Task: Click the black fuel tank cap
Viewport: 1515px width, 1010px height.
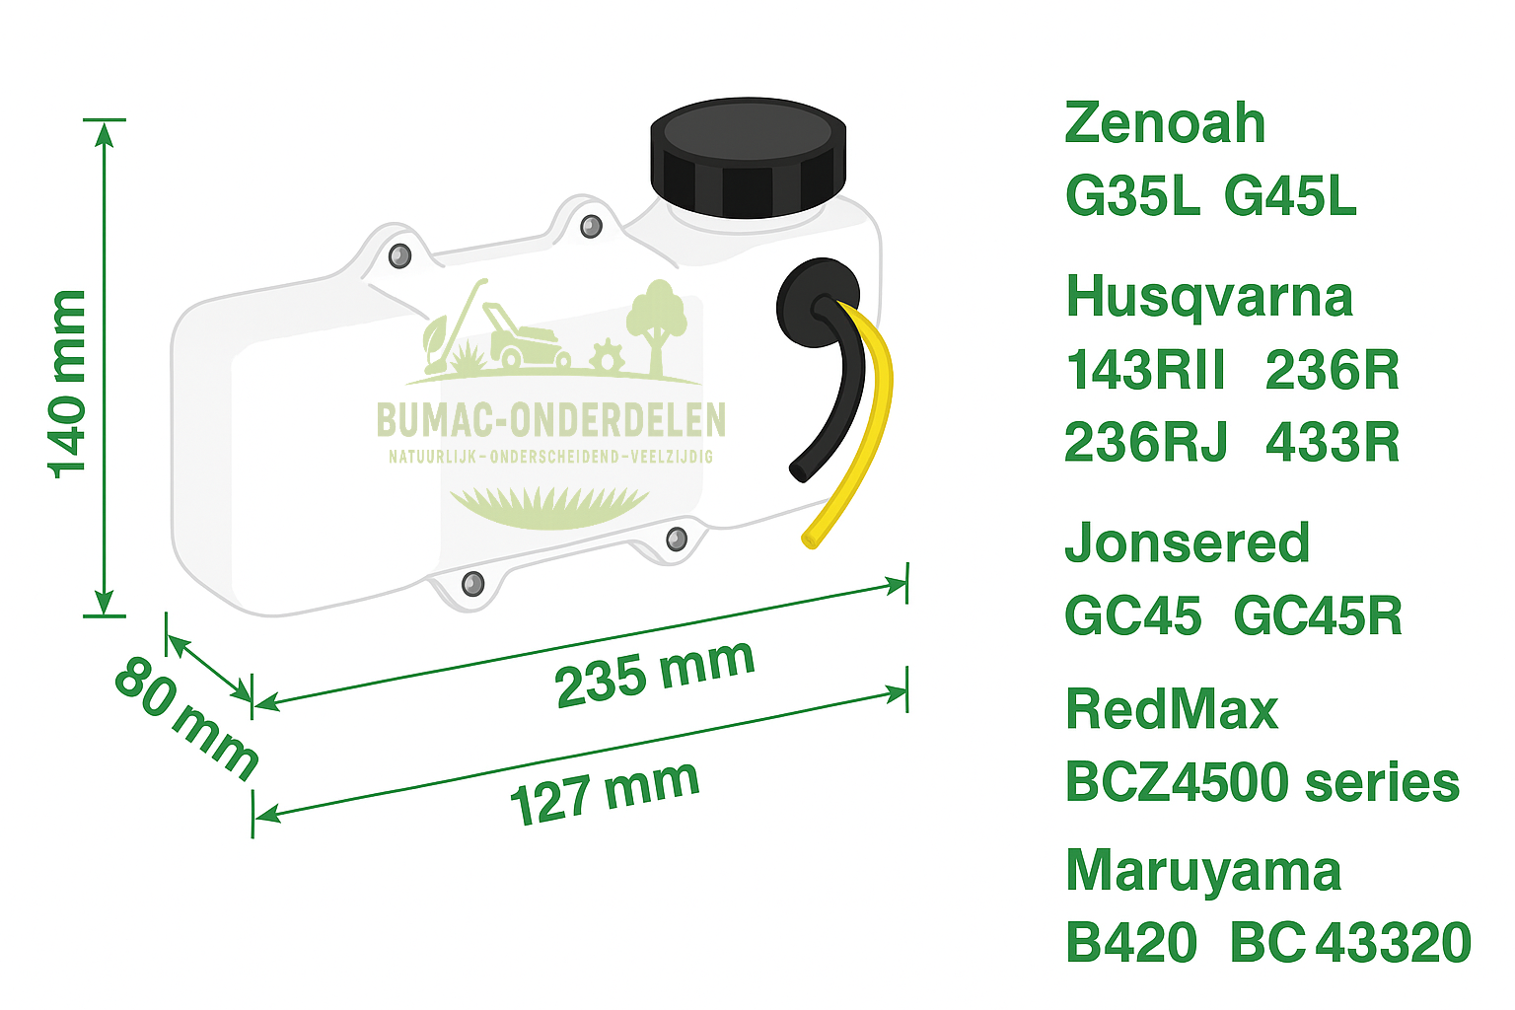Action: coord(748,158)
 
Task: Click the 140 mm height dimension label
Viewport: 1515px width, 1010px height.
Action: coord(69,385)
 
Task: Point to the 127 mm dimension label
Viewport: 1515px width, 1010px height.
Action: coord(605,792)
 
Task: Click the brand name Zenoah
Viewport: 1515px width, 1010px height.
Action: coord(1165,123)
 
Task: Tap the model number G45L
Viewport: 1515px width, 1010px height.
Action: coord(1290,196)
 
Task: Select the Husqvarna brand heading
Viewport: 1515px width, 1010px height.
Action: coord(1209,298)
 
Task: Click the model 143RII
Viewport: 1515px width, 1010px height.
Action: coord(1145,371)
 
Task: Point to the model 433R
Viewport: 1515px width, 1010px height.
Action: coord(1333,443)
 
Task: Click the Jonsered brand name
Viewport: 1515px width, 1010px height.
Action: coord(1188,543)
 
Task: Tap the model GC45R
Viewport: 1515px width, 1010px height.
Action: coord(1318,616)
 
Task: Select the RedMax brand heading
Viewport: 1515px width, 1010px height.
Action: coord(1172,709)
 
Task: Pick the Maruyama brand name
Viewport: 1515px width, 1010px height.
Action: coord(1203,872)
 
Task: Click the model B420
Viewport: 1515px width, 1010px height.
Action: coord(1131,943)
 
